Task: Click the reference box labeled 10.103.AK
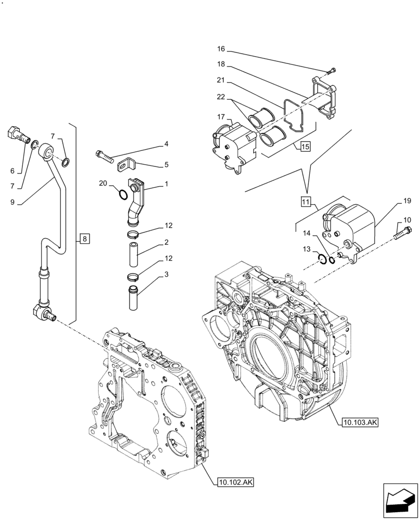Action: [360, 423]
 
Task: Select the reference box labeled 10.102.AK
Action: [233, 483]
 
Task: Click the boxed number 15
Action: [305, 147]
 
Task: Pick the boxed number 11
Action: [305, 200]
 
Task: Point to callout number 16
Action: [221, 49]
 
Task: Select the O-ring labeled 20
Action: [122, 195]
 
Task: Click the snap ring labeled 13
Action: [322, 258]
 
